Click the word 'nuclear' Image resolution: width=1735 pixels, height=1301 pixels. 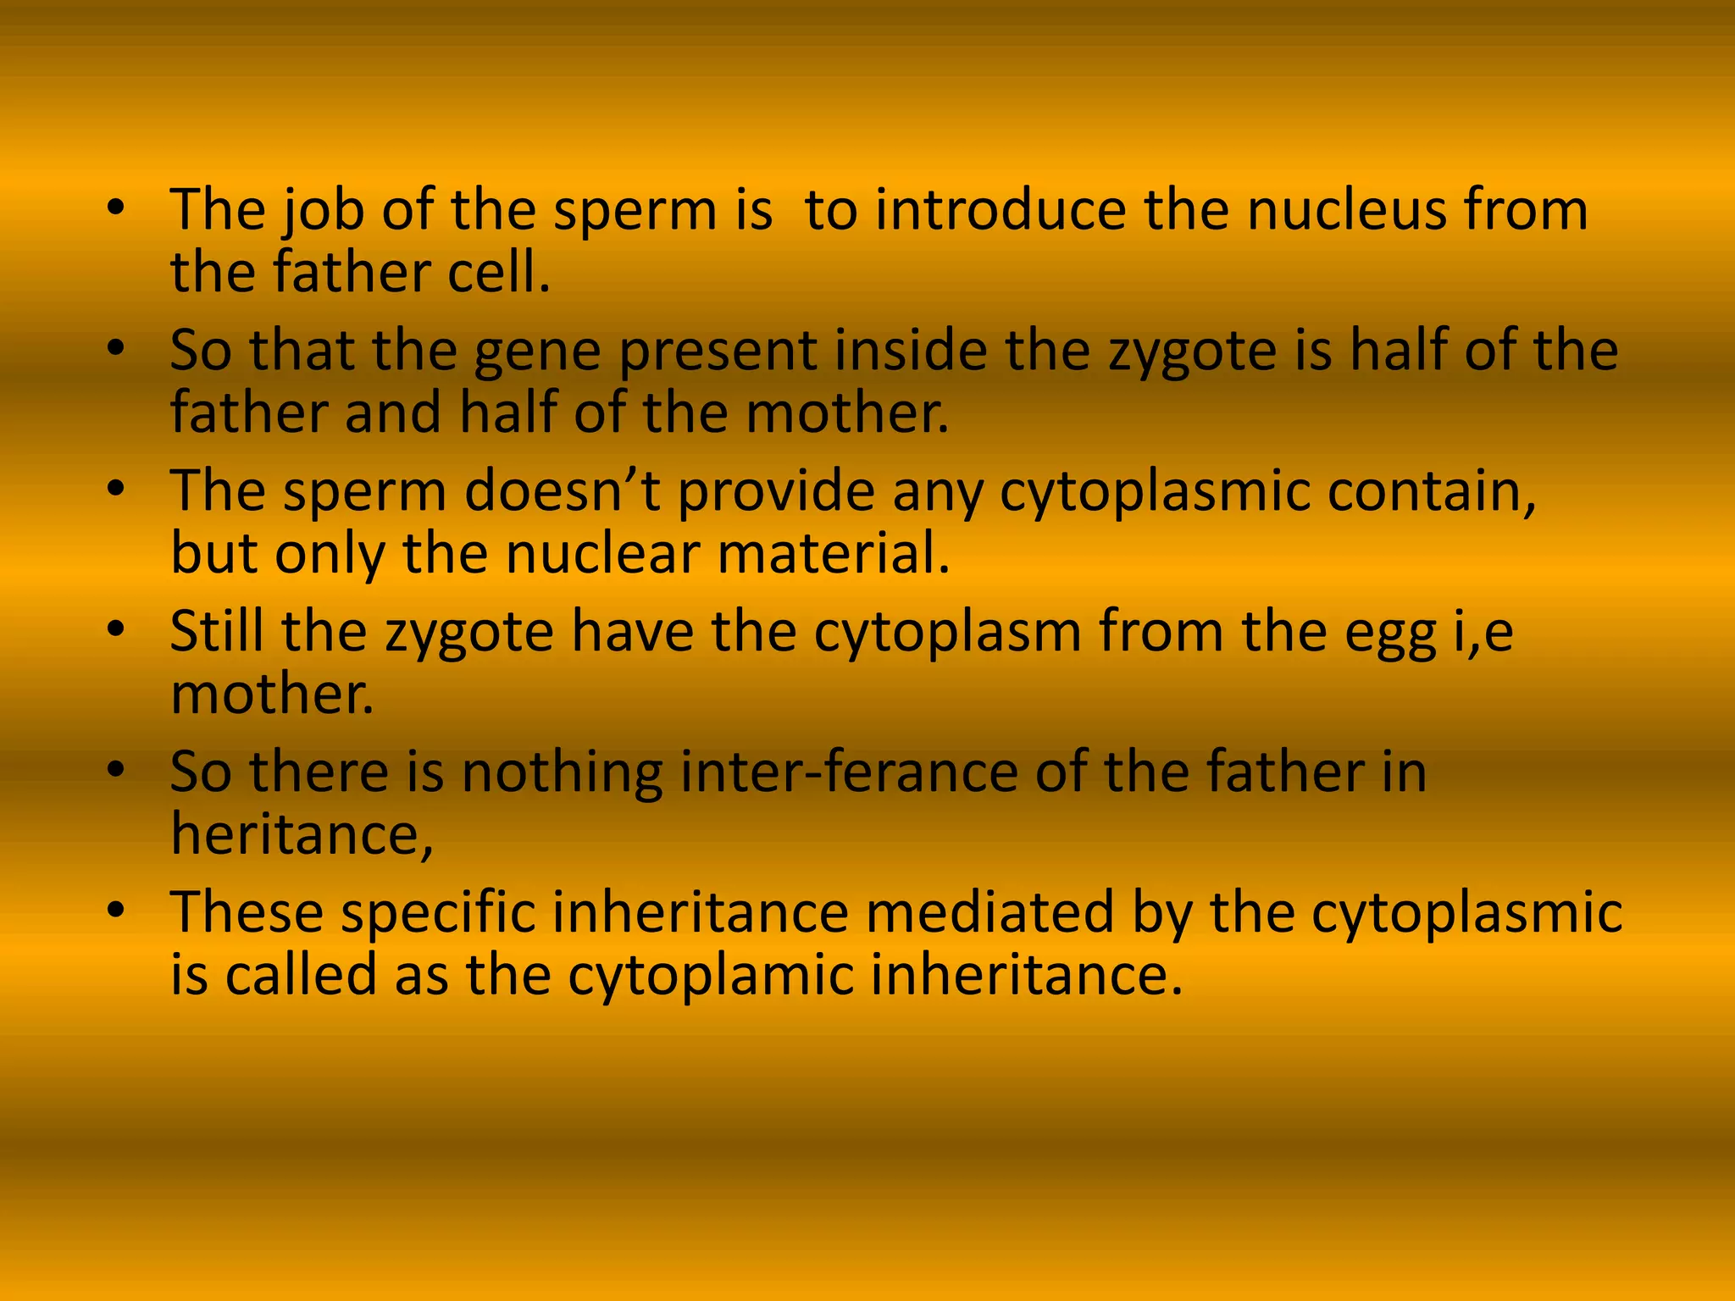[603, 554]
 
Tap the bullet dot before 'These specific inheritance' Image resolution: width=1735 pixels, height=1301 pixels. [117, 911]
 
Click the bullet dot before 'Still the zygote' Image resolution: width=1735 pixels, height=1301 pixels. [117, 630]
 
